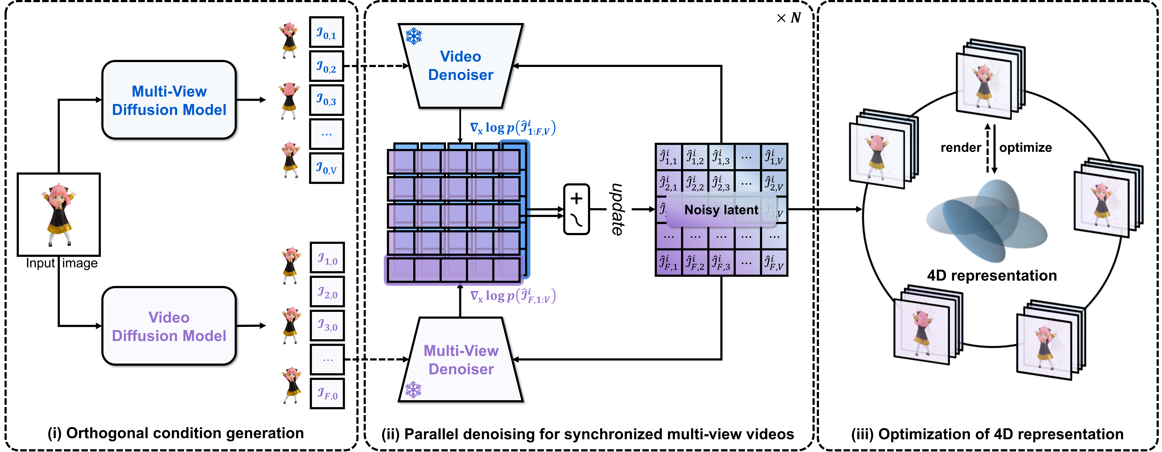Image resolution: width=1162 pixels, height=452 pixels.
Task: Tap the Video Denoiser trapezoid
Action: point(461,66)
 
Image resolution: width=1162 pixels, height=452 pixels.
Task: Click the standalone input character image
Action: point(59,214)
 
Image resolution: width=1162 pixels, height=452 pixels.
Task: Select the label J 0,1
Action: point(326,32)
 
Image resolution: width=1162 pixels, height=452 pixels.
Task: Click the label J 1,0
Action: point(328,258)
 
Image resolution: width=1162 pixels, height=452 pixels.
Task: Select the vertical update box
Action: point(619,209)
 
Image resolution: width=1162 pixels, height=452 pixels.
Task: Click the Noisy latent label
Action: point(721,210)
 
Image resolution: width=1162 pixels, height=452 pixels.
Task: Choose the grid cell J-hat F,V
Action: point(774,263)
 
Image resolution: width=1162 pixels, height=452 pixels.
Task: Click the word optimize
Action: point(1025,148)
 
